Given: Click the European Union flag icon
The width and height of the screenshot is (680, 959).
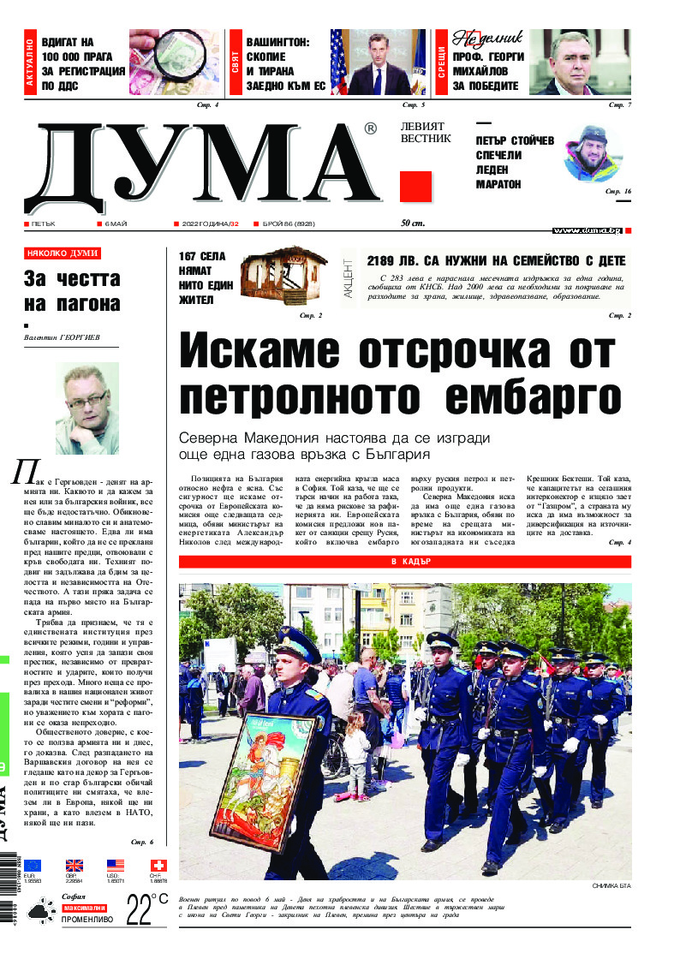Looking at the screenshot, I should [33, 865].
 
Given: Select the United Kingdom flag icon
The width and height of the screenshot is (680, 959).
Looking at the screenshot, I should [75, 865].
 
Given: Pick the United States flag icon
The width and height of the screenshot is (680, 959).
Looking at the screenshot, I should [116, 865].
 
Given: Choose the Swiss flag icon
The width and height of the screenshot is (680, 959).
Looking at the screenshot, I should [158, 865].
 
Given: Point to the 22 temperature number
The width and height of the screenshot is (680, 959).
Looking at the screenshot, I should [140, 909].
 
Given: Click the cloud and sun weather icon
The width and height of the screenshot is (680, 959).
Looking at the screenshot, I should [40, 911].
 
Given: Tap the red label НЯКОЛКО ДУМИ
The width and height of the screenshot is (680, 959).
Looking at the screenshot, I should [63, 253].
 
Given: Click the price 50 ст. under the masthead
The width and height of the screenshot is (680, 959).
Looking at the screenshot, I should [413, 224].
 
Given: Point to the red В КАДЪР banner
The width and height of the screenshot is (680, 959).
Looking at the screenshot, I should [404, 562].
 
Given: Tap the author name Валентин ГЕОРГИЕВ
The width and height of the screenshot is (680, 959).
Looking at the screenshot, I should [63, 337].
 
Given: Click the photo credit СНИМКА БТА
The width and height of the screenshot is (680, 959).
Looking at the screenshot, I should [611, 886].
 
